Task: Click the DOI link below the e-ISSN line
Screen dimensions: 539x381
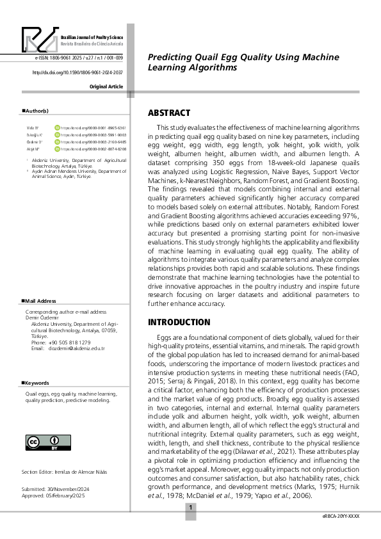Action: pos(77,72)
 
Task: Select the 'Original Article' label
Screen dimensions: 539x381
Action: pos(107,86)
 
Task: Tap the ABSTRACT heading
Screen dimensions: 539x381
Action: pos(169,113)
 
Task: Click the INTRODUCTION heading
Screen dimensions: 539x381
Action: pos(180,322)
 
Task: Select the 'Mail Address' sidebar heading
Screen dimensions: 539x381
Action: pos(39,300)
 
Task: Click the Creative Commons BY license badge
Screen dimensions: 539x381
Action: pos(44,444)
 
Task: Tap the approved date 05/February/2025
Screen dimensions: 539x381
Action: pos(67,495)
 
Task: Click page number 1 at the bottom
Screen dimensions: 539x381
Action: pos(191,508)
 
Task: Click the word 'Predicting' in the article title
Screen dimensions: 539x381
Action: pos(167,57)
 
